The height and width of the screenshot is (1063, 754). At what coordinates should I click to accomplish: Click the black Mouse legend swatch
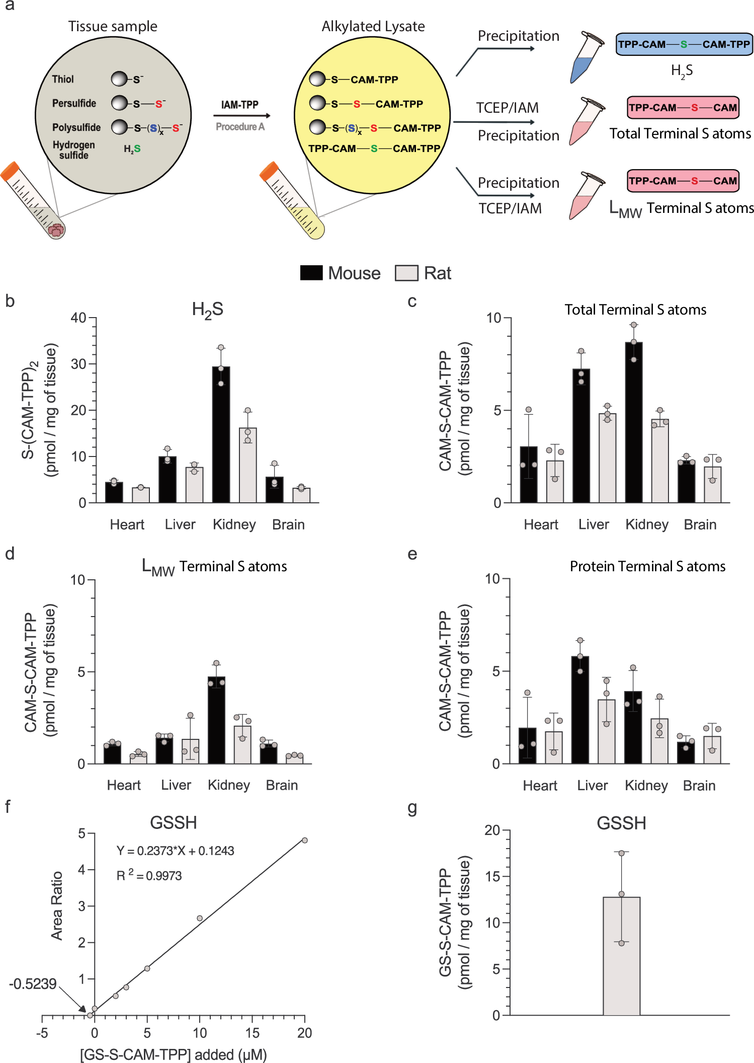[311, 273]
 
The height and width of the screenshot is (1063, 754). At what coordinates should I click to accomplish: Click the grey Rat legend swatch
[406, 273]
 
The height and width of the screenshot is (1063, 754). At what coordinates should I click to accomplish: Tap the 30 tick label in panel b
[78, 364]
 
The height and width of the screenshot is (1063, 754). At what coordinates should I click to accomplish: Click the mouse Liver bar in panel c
[581, 435]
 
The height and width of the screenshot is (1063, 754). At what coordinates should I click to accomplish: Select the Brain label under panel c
[700, 524]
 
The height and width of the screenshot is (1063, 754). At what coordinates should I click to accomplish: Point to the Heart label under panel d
[124, 785]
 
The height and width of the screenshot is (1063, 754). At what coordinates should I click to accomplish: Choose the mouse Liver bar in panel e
[580, 710]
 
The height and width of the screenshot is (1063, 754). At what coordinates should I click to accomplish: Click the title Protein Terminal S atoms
[647, 566]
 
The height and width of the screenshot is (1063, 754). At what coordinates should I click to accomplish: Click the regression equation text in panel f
[175, 851]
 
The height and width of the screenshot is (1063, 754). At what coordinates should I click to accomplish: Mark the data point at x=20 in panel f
[304, 840]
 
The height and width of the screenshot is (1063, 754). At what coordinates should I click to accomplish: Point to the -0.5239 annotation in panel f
[33, 984]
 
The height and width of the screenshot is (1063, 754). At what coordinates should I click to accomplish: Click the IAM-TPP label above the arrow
[240, 105]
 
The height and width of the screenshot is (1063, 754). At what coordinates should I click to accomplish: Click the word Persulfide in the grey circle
[74, 103]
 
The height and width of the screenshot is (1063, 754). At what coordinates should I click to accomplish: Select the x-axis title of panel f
[173, 1054]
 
